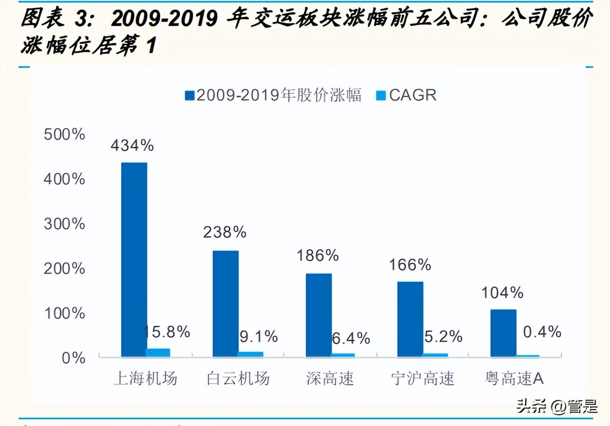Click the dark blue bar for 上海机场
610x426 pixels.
[x=134, y=260]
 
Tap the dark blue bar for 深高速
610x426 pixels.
[x=319, y=315]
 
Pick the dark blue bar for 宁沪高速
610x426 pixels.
[x=410, y=319]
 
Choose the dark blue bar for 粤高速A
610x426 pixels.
[x=503, y=333]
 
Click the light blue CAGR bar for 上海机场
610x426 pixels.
[x=158, y=353]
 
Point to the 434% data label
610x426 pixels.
[x=132, y=145]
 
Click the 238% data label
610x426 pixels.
[x=224, y=232]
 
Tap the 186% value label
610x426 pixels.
[x=318, y=255]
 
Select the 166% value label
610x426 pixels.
[x=410, y=265]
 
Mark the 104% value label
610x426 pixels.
[x=502, y=293]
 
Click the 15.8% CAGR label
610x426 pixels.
[x=166, y=332]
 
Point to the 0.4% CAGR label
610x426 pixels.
[x=541, y=332]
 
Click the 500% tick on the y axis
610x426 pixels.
[x=64, y=135]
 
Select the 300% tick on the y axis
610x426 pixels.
[x=64, y=224]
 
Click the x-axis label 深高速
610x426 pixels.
[x=330, y=378]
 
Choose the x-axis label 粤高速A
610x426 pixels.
[x=513, y=378]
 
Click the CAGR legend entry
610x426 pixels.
[x=406, y=95]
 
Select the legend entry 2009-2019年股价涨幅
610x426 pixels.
[x=273, y=95]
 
